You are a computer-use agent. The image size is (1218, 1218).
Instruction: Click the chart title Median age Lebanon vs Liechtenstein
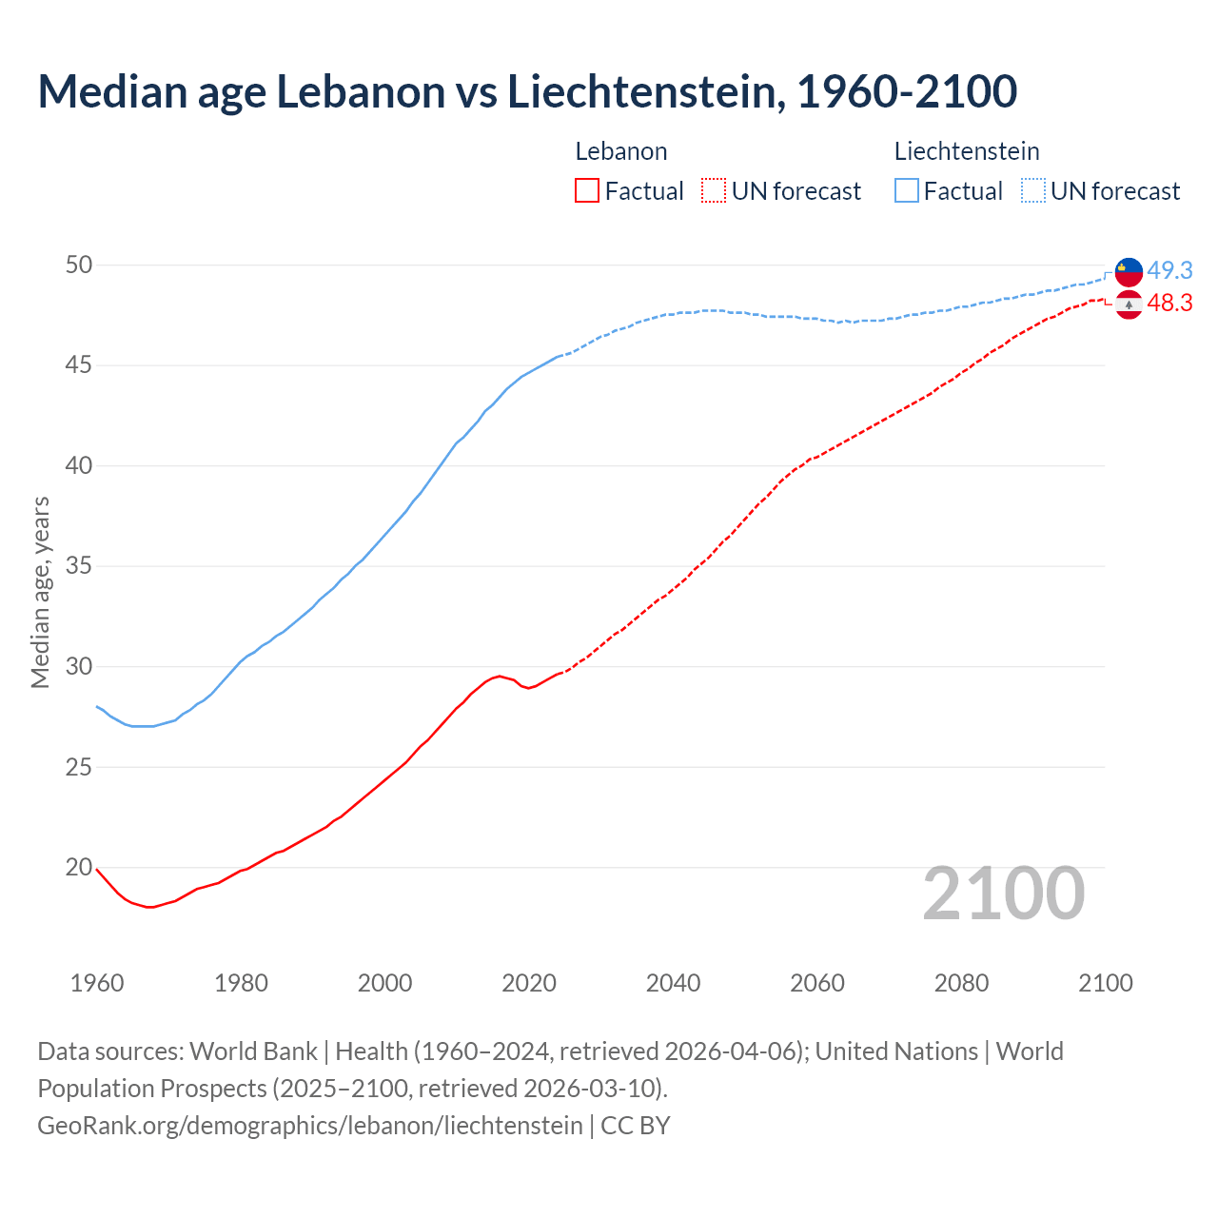tap(527, 91)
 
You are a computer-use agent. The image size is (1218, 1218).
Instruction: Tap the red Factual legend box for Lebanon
tap(587, 191)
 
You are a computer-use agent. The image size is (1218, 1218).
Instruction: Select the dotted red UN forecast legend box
tap(714, 191)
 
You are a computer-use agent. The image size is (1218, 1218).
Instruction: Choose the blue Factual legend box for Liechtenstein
tap(907, 191)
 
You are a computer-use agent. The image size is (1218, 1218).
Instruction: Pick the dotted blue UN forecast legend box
tap(1033, 191)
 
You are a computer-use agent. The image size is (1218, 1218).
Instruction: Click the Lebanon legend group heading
tap(621, 151)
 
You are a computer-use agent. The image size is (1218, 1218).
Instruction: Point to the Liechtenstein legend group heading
tap(967, 151)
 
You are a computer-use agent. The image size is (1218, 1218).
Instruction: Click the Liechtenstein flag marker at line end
tap(1129, 271)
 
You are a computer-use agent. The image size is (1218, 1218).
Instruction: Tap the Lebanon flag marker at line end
tap(1129, 304)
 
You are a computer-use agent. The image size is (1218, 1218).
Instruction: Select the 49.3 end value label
tap(1169, 270)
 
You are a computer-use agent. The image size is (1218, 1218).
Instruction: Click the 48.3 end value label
tap(1169, 303)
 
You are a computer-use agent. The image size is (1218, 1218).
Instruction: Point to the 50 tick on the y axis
tap(79, 265)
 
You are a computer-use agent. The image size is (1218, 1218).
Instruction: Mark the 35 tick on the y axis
tap(79, 566)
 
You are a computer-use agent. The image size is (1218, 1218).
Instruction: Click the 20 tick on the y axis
tap(79, 867)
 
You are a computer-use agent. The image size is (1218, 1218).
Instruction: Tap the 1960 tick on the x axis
tap(97, 983)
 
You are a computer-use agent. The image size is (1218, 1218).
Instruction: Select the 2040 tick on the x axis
tap(673, 983)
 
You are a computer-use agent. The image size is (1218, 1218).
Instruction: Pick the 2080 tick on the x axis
tap(961, 983)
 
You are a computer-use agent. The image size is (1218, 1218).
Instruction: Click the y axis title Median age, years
tap(40, 592)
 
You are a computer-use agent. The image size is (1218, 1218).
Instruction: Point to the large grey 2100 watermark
tap(1004, 894)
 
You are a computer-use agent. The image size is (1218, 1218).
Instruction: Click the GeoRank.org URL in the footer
tap(310, 1126)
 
